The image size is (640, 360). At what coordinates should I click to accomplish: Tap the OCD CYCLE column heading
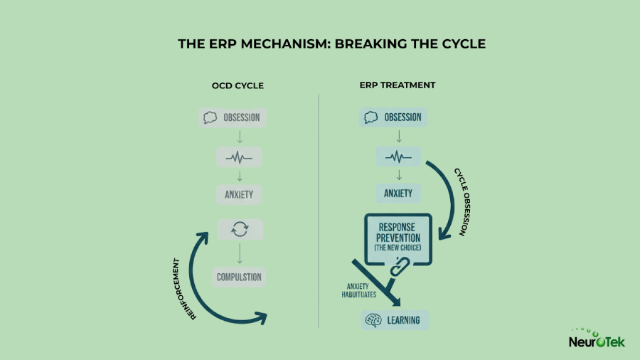(238, 86)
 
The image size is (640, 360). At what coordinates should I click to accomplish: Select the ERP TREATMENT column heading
(397, 86)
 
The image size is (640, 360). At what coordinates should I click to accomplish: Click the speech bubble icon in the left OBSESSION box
(210, 118)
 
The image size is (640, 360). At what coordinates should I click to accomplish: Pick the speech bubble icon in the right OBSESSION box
(370, 118)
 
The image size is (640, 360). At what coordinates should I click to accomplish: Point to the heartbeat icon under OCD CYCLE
(240, 157)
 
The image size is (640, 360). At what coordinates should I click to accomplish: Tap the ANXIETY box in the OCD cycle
(240, 194)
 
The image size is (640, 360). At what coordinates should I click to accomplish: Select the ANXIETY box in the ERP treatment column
(399, 194)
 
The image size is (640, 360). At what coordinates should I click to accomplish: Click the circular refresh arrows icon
(240, 230)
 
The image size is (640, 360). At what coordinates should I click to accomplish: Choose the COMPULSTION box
(240, 277)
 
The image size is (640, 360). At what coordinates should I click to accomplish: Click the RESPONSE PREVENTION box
(399, 235)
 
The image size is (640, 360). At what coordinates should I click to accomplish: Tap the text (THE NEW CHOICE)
(399, 248)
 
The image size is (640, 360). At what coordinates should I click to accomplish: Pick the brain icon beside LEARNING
(373, 321)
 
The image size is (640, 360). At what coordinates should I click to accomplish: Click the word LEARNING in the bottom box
(403, 321)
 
